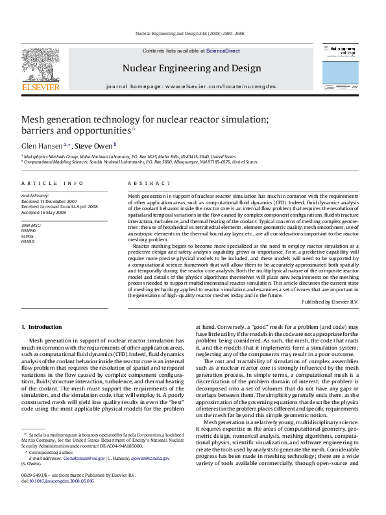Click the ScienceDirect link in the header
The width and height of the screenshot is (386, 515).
point(223,51)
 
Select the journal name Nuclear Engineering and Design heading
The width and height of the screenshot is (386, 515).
point(191,68)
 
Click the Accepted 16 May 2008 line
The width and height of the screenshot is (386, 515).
point(44,212)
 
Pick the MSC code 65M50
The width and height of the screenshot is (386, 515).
point(29,230)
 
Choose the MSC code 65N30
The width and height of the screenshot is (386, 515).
point(29,241)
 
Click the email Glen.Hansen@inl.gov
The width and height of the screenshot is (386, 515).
point(82,475)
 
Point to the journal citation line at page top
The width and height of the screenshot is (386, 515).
point(193,32)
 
